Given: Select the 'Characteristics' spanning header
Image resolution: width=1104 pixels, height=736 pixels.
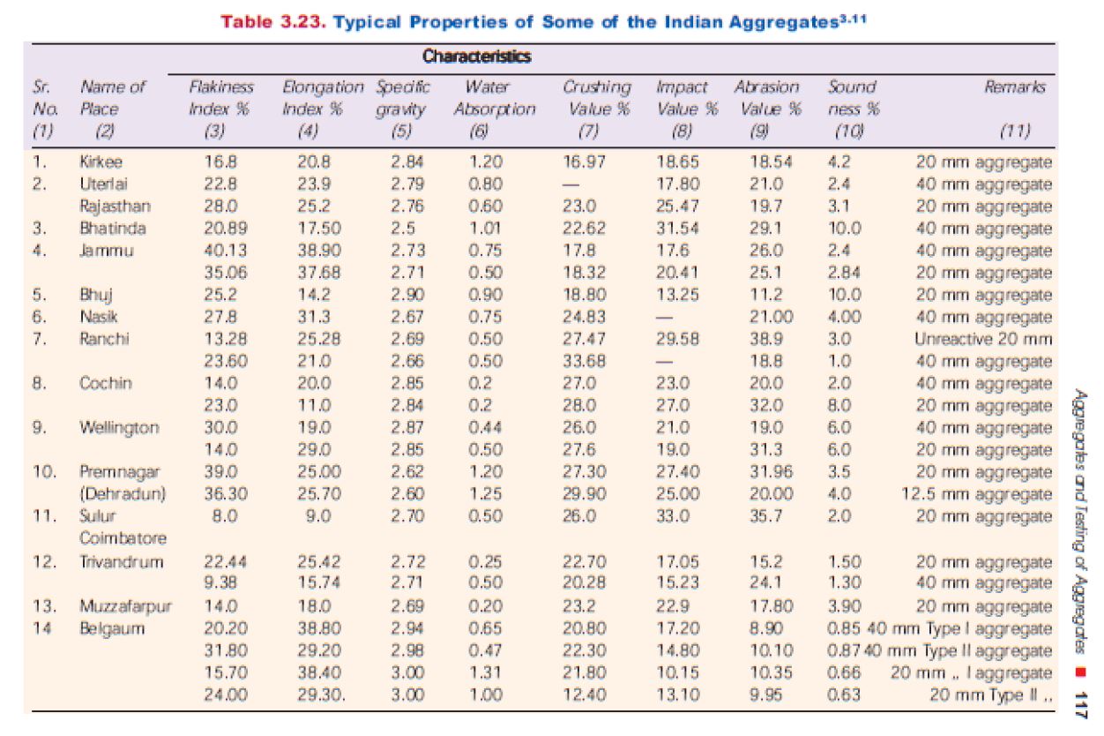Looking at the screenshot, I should point(476,57).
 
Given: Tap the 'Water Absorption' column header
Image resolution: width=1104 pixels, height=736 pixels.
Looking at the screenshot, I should point(495,98).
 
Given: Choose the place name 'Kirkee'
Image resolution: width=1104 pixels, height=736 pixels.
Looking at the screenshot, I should point(102,161).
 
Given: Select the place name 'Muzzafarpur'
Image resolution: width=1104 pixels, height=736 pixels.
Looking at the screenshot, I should point(126,606).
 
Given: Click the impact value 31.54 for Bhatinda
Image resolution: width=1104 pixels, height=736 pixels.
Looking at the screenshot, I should point(678,229).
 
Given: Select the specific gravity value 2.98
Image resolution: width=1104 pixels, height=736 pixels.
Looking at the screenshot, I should point(407,650).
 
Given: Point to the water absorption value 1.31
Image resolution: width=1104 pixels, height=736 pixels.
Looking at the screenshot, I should point(486,672).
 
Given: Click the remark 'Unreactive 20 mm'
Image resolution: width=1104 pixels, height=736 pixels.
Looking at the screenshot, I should point(995,339).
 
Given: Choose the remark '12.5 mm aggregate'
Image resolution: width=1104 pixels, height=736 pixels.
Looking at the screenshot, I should point(977,494).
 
